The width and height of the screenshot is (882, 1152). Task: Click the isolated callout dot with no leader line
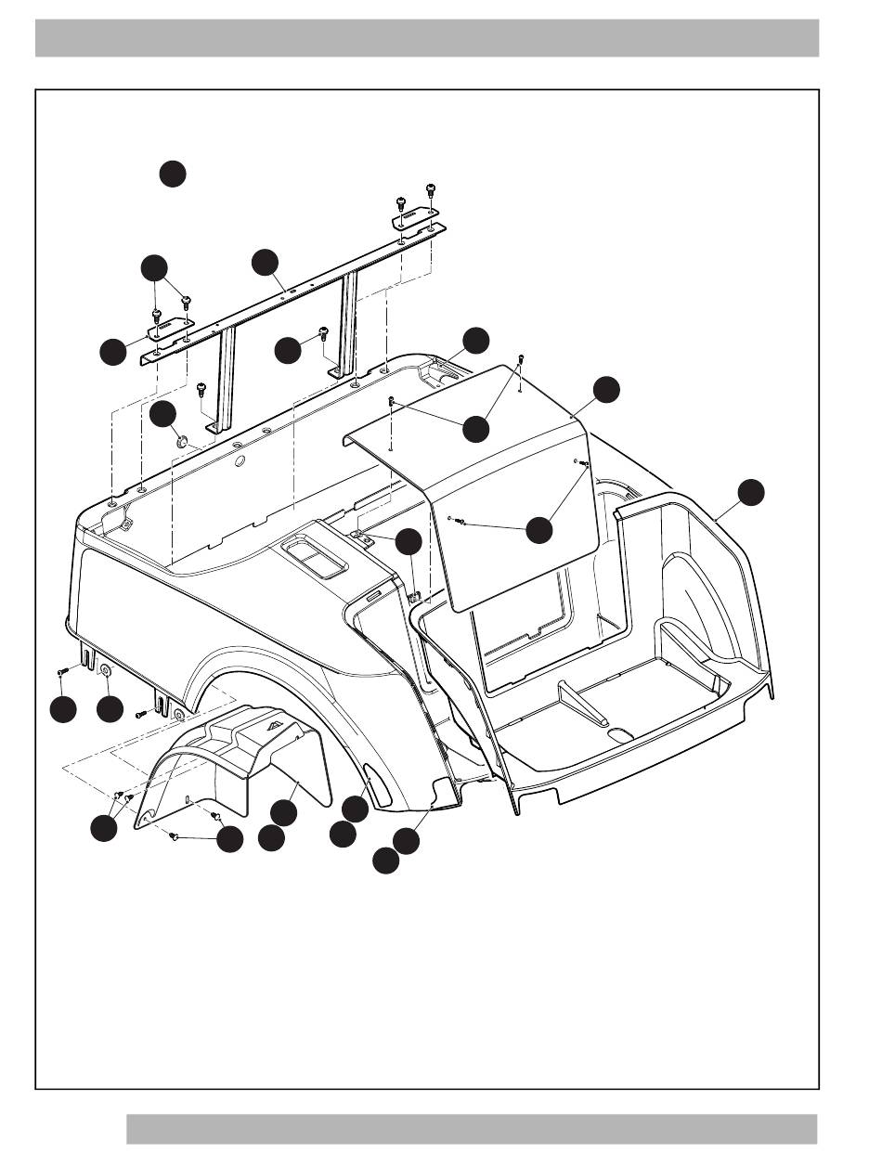tap(172, 174)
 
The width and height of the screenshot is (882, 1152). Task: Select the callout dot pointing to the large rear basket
tap(751, 492)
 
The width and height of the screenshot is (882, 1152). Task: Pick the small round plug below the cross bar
tap(182, 437)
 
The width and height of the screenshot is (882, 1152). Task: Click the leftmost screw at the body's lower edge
tap(61, 671)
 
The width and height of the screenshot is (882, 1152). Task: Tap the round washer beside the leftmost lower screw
tap(105, 670)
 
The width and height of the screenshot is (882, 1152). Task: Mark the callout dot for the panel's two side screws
tap(539, 529)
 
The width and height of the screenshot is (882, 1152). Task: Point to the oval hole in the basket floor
tap(620, 733)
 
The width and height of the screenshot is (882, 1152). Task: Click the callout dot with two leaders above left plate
tap(154, 268)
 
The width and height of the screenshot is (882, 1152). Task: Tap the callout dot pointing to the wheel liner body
tap(283, 811)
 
